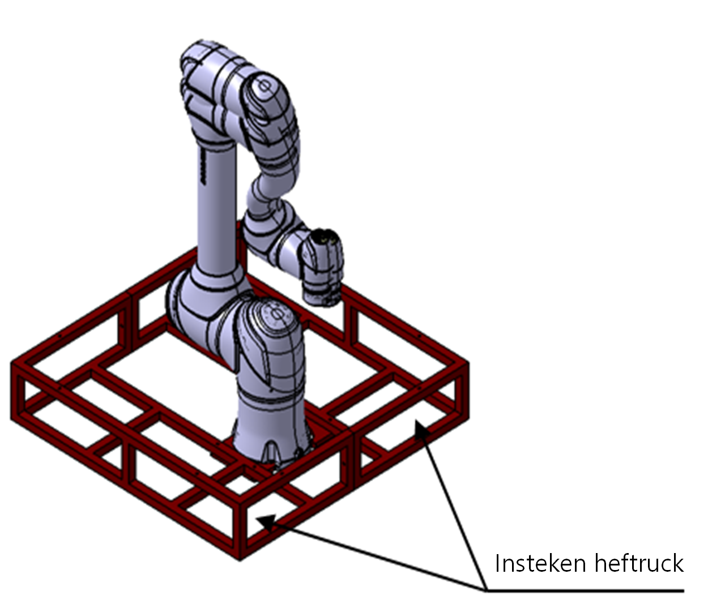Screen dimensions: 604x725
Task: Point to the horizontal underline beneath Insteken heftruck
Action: pyautogui.click(x=583, y=591)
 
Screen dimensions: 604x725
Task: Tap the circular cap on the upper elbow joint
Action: pyautogui.click(x=264, y=87)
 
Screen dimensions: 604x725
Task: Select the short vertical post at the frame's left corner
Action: pyautogui.click(x=17, y=391)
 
